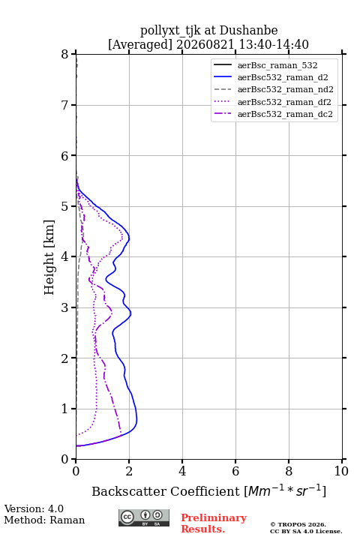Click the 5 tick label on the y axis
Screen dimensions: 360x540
point(65,207)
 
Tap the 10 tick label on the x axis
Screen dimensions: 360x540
point(341,471)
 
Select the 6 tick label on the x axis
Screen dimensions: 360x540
point(235,471)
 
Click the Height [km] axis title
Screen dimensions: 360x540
point(49,257)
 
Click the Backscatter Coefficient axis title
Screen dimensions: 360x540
point(208,490)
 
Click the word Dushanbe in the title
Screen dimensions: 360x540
point(249,31)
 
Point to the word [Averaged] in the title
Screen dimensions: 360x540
point(139,44)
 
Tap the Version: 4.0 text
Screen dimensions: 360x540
point(34,509)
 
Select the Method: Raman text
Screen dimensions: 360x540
point(44,520)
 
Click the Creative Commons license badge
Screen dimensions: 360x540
point(144,518)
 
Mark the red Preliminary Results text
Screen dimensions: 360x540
point(214,523)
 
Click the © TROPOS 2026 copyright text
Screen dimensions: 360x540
point(298,524)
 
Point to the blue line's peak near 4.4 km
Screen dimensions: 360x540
point(129,238)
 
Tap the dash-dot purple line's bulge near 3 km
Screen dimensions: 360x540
point(112,311)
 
